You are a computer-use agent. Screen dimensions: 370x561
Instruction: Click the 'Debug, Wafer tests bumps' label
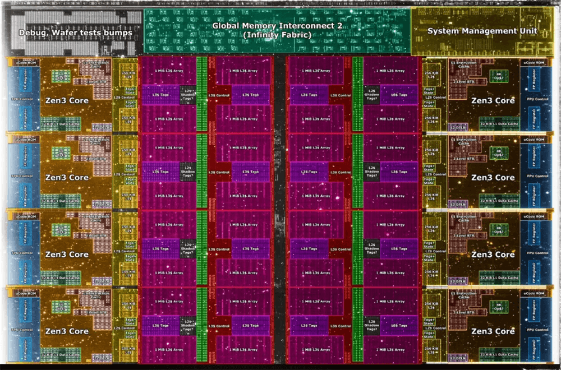click(x=76, y=33)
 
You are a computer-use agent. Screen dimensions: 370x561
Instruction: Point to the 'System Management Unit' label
click(x=482, y=31)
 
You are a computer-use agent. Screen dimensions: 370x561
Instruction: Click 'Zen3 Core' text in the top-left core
click(x=66, y=101)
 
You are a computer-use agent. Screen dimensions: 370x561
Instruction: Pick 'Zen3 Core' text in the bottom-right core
click(x=493, y=331)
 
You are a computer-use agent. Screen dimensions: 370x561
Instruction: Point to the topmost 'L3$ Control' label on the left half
click(x=219, y=95)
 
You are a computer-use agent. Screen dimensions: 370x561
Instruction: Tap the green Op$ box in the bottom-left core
click(x=62, y=306)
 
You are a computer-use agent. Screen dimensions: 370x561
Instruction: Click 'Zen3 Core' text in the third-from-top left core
click(x=66, y=255)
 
